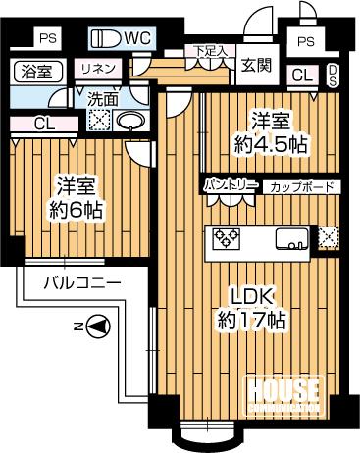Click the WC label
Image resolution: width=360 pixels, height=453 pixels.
135,38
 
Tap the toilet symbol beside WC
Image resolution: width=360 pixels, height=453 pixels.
104,39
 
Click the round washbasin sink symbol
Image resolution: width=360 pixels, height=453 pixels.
129,121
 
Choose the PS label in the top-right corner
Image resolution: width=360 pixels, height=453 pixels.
306,41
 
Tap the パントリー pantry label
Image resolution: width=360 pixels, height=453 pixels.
231,185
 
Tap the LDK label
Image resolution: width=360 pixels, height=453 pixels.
257,296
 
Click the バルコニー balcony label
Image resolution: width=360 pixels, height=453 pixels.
82,283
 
